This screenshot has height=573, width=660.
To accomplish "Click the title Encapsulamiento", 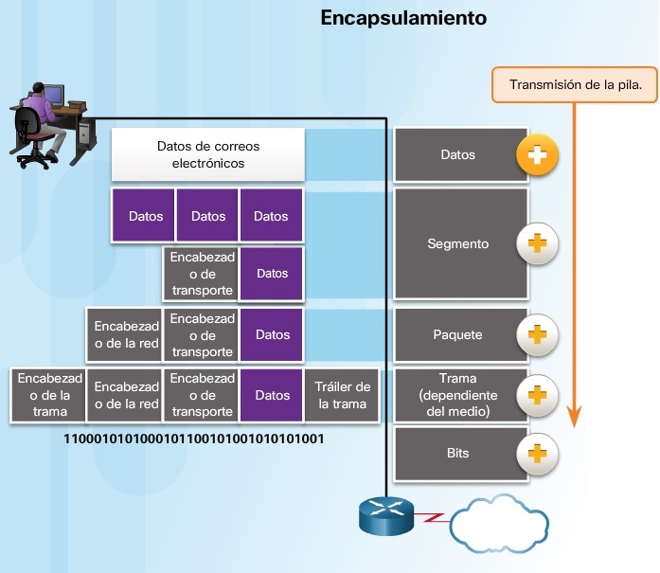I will (x=403, y=18).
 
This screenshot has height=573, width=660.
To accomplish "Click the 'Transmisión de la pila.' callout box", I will (x=575, y=84).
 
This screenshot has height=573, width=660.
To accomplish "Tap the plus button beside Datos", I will (x=537, y=155).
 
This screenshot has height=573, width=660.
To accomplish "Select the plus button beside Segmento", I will (x=537, y=244).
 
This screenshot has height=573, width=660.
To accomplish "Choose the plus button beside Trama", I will (x=537, y=394).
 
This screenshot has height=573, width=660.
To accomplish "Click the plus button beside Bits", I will (x=537, y=454).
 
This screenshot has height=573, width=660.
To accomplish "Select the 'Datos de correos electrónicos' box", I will (x=208, y=155).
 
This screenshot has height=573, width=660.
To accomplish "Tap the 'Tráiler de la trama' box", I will (x=342, y=395).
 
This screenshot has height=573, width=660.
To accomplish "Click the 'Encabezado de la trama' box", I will (x=49, y=395).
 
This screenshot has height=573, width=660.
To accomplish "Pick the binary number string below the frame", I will (x=194, y=439).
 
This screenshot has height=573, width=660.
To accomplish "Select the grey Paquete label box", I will (x=458, y=335).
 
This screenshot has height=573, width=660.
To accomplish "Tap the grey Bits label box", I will (x=458, y=454).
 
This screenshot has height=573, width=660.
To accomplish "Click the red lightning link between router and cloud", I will (x=434, y=519).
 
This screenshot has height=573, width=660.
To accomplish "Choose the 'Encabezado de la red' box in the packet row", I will (x=126, y=335).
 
